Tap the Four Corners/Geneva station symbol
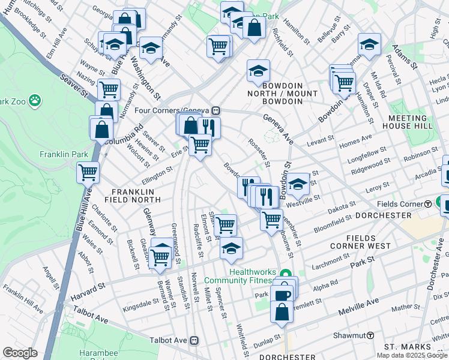pos(215,111)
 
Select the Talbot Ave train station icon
pos(194,340)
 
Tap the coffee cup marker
pos(282,295)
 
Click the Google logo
pos(20,352)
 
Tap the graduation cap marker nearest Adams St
pos(369,44)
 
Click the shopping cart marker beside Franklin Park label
pos(88,172)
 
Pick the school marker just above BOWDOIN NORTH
pos(258,71)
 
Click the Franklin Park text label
pos(64,154)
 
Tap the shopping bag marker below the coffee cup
pos(282,311)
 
